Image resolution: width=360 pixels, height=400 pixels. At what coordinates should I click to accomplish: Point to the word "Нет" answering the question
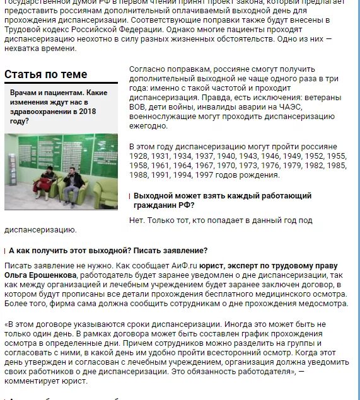coord(136,220)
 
